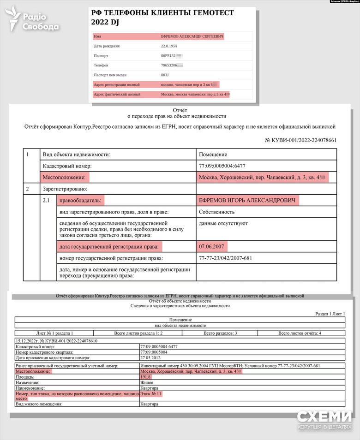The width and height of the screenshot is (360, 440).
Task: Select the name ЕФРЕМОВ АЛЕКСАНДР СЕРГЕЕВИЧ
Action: (192, 36)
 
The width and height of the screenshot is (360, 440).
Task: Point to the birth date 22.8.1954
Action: (169, 46)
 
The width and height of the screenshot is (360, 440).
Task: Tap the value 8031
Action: (165, 75)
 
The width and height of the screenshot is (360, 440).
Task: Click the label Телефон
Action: (101, 65)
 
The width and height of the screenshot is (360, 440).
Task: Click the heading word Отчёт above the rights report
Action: (180, 110)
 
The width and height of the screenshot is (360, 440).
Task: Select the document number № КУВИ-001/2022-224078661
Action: (300, 140)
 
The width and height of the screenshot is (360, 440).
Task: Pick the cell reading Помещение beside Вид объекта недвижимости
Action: (212, 155)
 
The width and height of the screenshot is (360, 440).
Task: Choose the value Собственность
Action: (216, 212)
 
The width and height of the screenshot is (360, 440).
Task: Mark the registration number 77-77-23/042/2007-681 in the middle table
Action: (225, 258)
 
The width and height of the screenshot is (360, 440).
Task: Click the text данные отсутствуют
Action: (223, 223)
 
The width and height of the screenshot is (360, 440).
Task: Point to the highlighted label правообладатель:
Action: (80, 201)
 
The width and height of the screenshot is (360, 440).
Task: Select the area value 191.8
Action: (145, 377)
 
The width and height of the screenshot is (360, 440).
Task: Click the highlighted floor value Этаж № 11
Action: (151, 394)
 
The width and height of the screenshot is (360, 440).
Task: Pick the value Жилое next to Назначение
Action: (148, 382)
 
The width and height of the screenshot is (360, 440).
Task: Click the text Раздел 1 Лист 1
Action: (330, 314)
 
